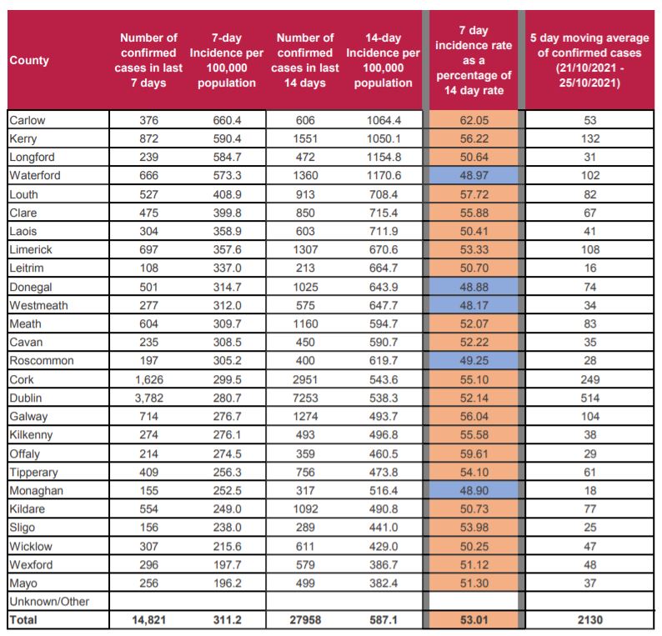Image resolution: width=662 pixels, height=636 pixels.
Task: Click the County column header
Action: coord(29,60)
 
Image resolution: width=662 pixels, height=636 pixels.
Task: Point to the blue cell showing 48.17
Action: coord(473,305)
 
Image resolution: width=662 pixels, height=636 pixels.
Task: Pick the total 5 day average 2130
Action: coord(589,620)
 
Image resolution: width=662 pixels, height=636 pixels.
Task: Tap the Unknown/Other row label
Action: coord(48,601)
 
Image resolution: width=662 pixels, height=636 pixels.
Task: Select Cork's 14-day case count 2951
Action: coord(305,379)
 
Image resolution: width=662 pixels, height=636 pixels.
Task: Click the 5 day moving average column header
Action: coord(589,60)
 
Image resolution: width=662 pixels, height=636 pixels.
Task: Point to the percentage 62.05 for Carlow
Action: coord(473,120)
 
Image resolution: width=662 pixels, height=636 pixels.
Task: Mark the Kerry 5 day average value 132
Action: coord(589,138)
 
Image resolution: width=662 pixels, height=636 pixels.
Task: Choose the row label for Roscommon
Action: coord(41,361)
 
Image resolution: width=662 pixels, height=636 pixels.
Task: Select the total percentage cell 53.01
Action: coord(473,620)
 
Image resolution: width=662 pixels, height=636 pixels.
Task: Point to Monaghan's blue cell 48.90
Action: coord(473,490)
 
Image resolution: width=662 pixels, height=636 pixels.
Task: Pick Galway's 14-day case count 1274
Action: coord(305,416)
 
